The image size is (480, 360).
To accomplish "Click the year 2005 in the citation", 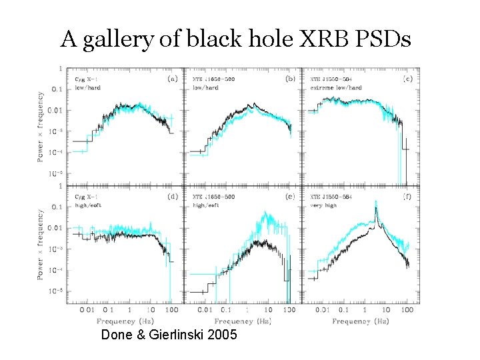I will pyautogui.click(x=222, y=335).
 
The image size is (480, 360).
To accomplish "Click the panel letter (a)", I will pyautogui.click(x=172, y=79).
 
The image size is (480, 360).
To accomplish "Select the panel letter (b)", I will pyautogui.click(x=290, y=79).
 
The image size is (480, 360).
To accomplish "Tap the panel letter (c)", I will pyautogui.click(x=407, y=79).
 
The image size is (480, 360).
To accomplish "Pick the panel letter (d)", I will pyautogui.click(x=172, y=197).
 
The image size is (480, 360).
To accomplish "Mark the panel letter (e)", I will pyautogui.click(x=290, y=197).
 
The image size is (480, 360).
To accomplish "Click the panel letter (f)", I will pyautogui.click(x=407, y=197).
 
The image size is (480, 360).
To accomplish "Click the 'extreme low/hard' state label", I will pyautogui.click(x=336, y=87).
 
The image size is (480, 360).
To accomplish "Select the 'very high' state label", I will pyautogui.click(x=323, y=205).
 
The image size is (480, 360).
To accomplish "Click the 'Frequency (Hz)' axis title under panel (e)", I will pyautogui.click(x=243, y=321).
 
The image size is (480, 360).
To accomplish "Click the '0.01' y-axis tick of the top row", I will pyautogui.click(x=56, y=109).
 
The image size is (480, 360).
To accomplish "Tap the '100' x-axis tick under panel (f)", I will pyautogui.click(x=407, y=310).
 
